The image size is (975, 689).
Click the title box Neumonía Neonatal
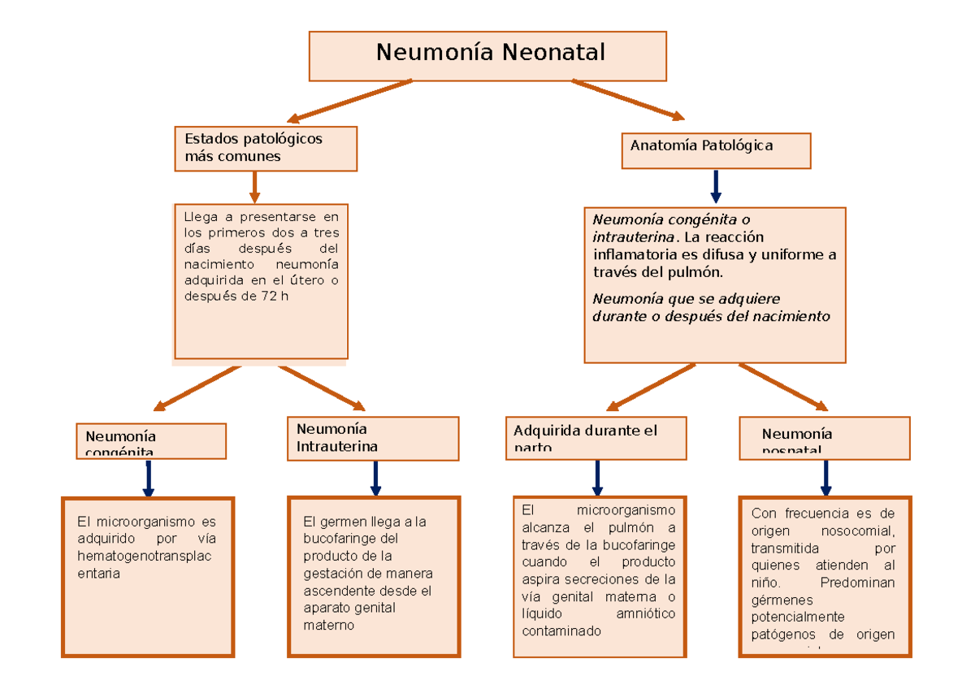pyautogui.click(x=487, y=55)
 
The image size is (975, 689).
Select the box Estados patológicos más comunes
pyautogui.click(x=265, y=148)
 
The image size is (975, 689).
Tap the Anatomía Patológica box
pyautogui.click(x=716, y=150)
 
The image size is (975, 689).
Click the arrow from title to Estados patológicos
pyautogui.click(x=349, y=101)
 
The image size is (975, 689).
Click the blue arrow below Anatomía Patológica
pyautogui.click(x=716, y=187)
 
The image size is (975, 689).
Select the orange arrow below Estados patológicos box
pyautogui.click(x=254, y=187)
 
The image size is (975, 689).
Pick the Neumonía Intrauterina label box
pyautogui.click(x=373, y=438)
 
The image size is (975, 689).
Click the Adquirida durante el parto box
pyautogui.click(x=596, y=438)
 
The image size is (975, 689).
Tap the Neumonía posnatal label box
pyautogui.click(x=824, y=438)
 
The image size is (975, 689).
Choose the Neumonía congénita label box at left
pyautogui.click(x=151, y=440)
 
